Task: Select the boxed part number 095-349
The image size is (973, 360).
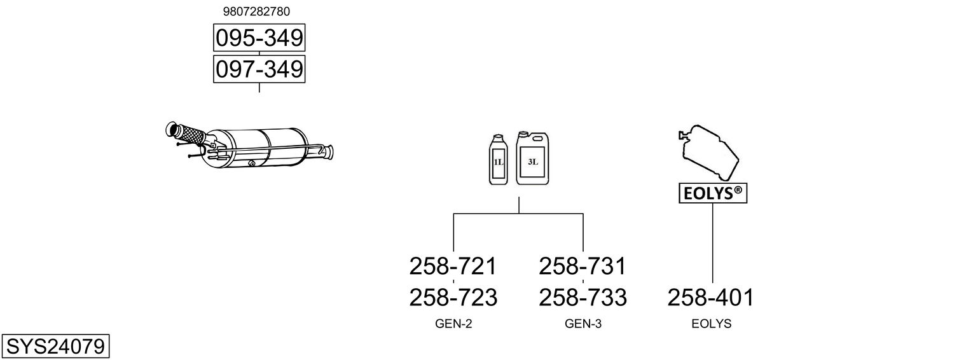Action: (x=259, y=38)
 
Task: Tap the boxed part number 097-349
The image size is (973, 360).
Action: (x=259, y=69)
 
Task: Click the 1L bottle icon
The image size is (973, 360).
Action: (x=498, y=160)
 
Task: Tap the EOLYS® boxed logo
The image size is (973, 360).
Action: (x=713, y=193)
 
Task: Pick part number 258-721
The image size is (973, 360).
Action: (x=453, y=266)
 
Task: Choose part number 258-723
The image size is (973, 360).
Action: (x=453, y=297)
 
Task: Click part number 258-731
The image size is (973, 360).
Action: (x=583, y=266)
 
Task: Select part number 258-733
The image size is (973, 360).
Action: (x=583, y=297)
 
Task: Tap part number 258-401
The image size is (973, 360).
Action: (x=711, y=297)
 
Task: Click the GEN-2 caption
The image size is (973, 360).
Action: (x=453, y=324)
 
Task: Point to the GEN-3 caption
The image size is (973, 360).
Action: (x=583, y=324)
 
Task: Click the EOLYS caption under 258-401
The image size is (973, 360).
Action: (x=712, y=324)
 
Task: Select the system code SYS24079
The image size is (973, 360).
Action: (x=55, y=347)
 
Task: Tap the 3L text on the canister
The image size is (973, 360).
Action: (x=533, y=162)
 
